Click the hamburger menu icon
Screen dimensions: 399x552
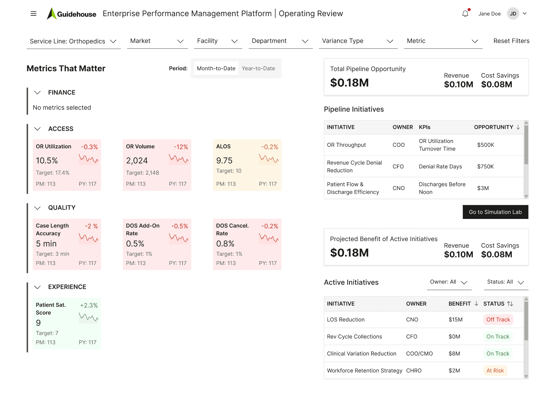tap(33, 13)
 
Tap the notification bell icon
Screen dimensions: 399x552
tap(465, 14)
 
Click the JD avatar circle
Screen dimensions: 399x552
tap(513, 14)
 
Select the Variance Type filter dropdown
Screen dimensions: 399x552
tap(358, 41)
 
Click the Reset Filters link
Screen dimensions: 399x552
tap(511, 41)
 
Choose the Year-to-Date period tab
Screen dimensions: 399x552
tap(258, 68)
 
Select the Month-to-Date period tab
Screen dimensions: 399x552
tap(216, 68)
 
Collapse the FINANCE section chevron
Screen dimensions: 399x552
tap(37, 93)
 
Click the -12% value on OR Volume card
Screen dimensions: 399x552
tap(181, 147)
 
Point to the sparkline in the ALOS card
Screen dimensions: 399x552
tap(268, 159)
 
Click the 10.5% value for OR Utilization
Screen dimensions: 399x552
tap(47, 161)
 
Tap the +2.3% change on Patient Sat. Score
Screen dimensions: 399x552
tap(89, 305)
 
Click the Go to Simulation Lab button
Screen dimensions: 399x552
tap(495, 212)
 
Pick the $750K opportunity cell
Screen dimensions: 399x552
tap(485, 167)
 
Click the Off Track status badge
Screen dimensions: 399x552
tap(498, 320)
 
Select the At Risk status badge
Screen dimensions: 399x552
tap(495, 371)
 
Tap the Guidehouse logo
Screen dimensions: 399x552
tap(72, 14)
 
